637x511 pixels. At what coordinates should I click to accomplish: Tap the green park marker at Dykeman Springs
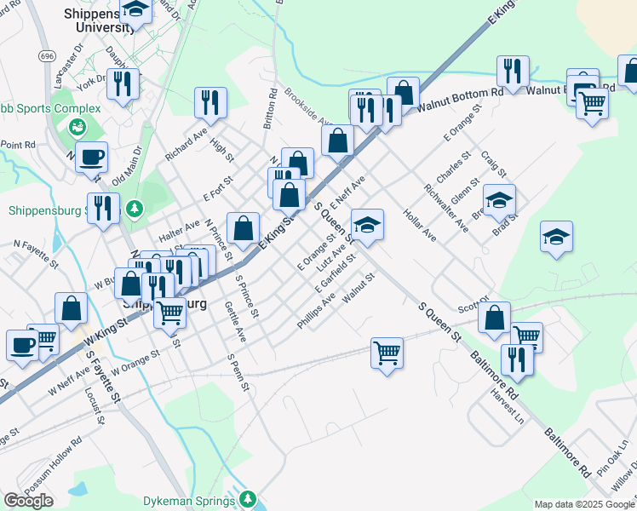coord(248,497)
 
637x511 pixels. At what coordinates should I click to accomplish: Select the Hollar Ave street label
coord(420,226)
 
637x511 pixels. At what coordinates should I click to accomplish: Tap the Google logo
coord(28,501)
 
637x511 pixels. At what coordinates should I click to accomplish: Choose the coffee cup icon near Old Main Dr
coord(91,157)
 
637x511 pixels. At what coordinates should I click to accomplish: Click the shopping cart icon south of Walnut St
coord(387,351)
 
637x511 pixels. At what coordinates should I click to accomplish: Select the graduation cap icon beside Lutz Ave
coord(367,224)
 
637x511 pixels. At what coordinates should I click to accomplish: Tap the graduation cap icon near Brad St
coord(500,200)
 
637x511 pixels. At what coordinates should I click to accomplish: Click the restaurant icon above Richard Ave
coord(210,102)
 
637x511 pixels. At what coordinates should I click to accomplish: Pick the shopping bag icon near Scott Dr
coord(494,318)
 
